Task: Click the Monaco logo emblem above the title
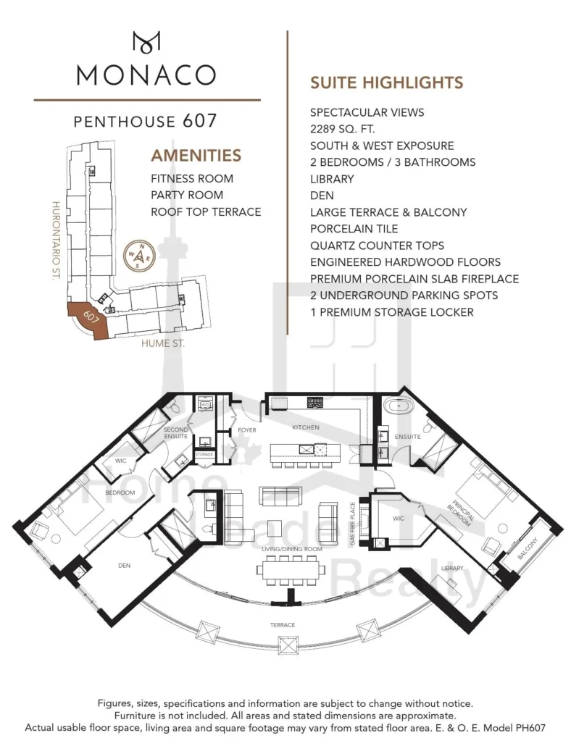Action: (x=146, y=42)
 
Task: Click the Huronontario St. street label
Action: (x=56, y=240)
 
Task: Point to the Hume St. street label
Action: (x=163, y=343)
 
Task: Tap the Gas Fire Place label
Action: (x=353, y=524)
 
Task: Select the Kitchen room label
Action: (x=306, y=427)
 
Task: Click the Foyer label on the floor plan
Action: (x=247, y=430)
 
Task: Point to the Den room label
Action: (x=124, y=566)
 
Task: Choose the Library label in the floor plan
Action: (x=452, y=568)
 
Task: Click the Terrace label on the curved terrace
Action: (x=283, y=625)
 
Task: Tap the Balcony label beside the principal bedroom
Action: (x=528, y=548)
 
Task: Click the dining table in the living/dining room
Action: (x=291, y=569)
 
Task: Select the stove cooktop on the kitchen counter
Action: (x=315, y=403)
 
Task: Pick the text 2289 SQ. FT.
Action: (x=343, y=129)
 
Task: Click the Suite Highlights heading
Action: (x=387, y=83)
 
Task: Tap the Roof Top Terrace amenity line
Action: (x=206, y=211)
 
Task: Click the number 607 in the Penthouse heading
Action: (x=200, y=121)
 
